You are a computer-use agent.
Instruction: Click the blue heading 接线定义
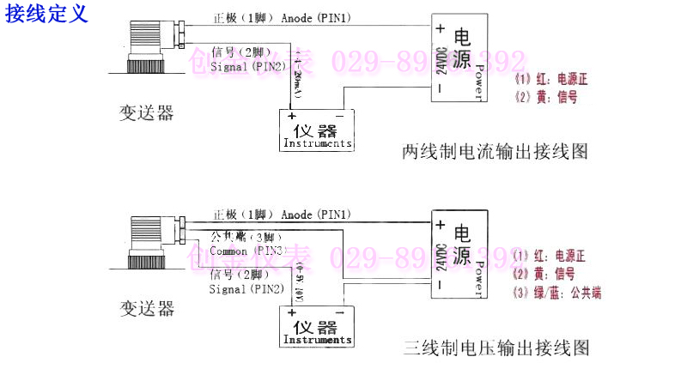click(46, 15)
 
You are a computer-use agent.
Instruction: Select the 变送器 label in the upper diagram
click(146, 112)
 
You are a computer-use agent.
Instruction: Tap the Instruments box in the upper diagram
click(317, 131)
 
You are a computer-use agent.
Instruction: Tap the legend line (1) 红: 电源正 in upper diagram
click(550, 79)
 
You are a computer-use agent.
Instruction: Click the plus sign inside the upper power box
click(440, 28)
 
